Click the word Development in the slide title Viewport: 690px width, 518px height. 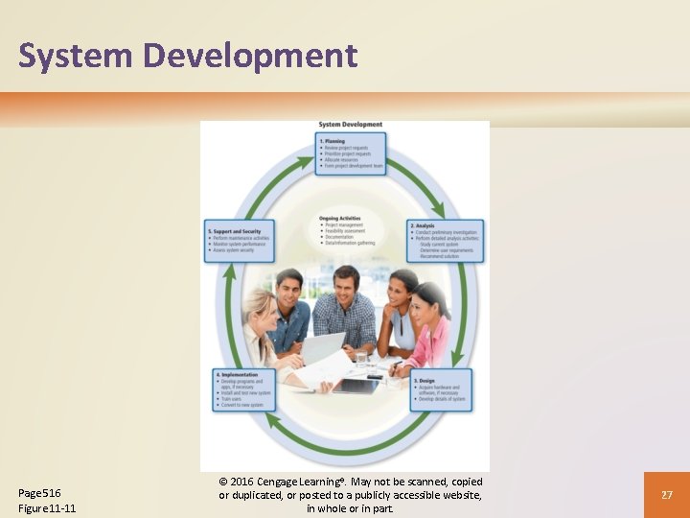(x=250, y=56)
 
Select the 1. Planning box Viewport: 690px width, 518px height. (x=351, y=153)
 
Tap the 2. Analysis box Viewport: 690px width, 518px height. (x=445, y=241)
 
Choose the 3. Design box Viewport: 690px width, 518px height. (x=442, y=390)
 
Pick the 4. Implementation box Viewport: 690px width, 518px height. (x=243, y=390)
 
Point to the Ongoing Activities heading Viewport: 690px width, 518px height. (x=340, y=218)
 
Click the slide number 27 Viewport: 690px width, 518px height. (x=666, y=495)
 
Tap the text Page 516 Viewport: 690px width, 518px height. (x=40, y=493)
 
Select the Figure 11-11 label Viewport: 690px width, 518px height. (x=48, y=508)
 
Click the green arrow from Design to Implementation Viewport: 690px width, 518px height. (x=345, y=444)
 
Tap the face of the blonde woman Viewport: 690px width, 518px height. (x=260, y=311)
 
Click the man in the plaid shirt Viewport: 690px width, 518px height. (x=343, y=307)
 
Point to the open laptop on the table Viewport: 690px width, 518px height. (x=321, y=349)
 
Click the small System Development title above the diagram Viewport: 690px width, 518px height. (x=350, y=125)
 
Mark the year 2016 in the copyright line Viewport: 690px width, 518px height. (x=245, y=482)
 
